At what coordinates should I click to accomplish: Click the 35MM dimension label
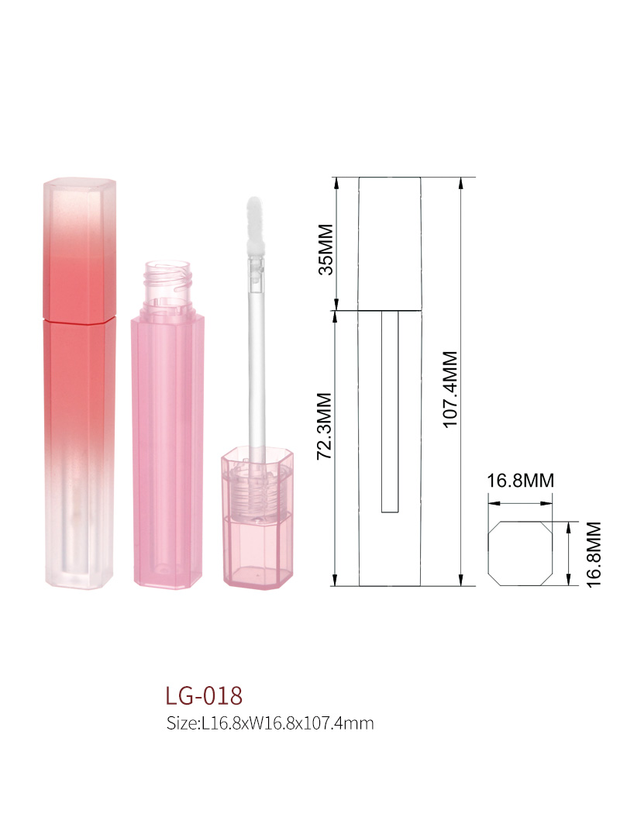(325, 249)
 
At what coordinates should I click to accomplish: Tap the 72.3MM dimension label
(325, 426)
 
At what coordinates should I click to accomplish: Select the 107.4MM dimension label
(450, 389)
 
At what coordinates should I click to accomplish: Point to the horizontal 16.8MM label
(520, 481)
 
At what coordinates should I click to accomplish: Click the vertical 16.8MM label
(594, 554)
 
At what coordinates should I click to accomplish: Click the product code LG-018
(204, 695)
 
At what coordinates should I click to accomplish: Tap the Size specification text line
(270, 723)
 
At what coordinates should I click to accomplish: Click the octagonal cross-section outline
(489, 554)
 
